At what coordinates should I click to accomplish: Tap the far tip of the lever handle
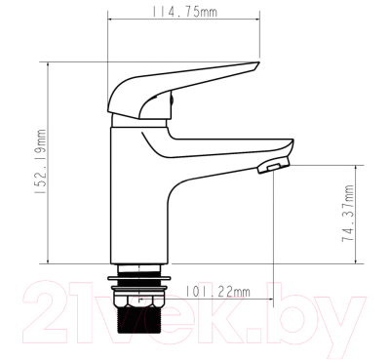[255, 65]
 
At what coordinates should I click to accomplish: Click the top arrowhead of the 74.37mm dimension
[358, 167]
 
